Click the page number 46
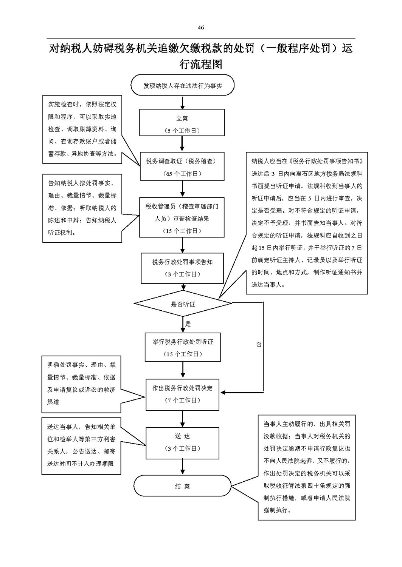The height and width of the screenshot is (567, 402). (200, 28)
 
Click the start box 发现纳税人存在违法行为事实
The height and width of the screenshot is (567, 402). (182, 85)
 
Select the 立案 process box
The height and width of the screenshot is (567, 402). (182, 123)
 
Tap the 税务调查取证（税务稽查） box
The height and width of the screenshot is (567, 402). (182, 166)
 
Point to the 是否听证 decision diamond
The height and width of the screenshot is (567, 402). (183, 303)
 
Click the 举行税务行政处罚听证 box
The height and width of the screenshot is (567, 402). (183, 347)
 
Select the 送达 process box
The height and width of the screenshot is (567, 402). (182, 443)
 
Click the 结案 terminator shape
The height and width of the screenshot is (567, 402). (182, 486)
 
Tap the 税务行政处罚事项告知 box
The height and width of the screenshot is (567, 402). (182, 268)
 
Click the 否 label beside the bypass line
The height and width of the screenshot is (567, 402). (259, 344)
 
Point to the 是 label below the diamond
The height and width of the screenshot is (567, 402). (188, 324)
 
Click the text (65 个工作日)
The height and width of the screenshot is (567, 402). (182, 174)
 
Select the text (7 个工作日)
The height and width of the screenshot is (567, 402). (182, 400)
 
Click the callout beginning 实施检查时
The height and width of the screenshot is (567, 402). (82, 129)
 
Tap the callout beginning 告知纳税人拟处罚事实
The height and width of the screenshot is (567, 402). (82, 208)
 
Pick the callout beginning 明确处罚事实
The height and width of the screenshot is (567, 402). (81, 384)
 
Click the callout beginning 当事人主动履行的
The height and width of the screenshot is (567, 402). (307, 467)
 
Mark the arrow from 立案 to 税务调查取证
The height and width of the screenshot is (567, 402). (182, 144)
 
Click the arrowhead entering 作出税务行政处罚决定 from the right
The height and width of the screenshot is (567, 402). (223, 393)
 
